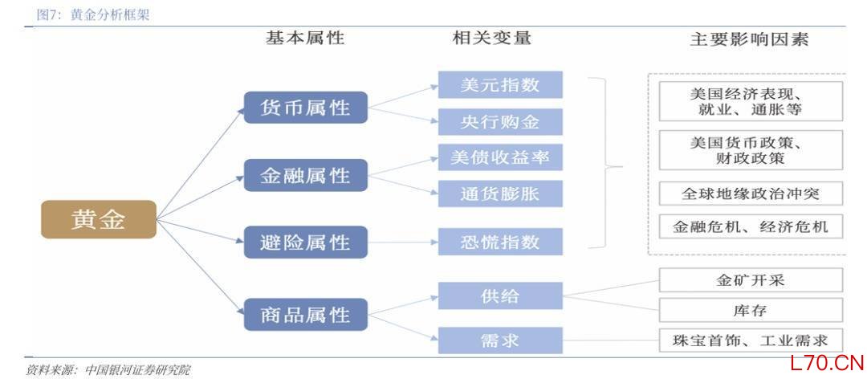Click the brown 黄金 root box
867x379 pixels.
click(x=99, y=219)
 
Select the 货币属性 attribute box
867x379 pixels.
click(x=306, y=108)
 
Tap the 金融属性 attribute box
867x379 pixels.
click(x=306, y=175)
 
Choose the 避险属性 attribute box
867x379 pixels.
click(x=306, y=242)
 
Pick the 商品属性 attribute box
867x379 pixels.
click(x=306, y=314)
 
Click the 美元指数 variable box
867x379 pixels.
click(x=500, y=84)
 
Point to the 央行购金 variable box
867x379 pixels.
click(x=500, y=122)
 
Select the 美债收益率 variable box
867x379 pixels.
click(x=500, y=157)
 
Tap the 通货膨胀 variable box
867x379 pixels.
click(x=500, y=194)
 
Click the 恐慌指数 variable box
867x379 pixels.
click(x=500, y=242)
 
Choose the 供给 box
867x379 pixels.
click(x=500, y=296)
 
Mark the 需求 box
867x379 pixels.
click(x=500, y=340)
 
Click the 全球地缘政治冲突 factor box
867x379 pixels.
click(x=751, y=194)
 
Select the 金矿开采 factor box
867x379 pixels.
click(x=751, y=280)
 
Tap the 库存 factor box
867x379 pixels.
click(x=751, y=310)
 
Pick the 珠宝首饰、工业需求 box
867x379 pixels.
click(x=751, y=340)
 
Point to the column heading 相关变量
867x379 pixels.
click(x=492, y=39)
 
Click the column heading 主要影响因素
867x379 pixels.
click(x=749, y=39)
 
